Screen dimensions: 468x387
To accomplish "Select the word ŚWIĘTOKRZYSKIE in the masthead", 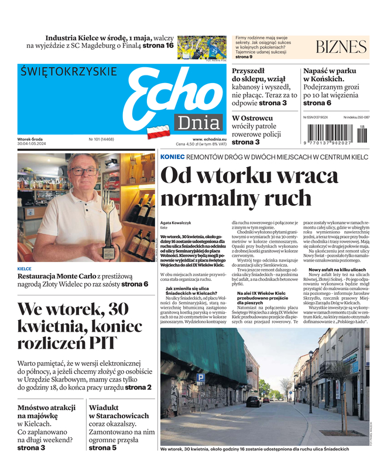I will click(69, 71).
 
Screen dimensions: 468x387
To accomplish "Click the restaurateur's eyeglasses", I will click(84, 172).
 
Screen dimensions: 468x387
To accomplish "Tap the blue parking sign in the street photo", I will click(200, 379).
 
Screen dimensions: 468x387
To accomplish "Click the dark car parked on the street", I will click(254, 402).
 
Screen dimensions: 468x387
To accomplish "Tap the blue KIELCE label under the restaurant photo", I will click(25, 269).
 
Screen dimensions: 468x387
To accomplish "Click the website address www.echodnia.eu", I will click(210, 139).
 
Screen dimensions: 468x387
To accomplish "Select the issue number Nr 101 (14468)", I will click(101, 139).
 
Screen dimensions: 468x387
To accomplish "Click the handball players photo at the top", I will click(201, 48).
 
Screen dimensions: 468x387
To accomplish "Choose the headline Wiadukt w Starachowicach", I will click(120, 412).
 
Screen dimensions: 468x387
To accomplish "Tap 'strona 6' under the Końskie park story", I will click(317, 103).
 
